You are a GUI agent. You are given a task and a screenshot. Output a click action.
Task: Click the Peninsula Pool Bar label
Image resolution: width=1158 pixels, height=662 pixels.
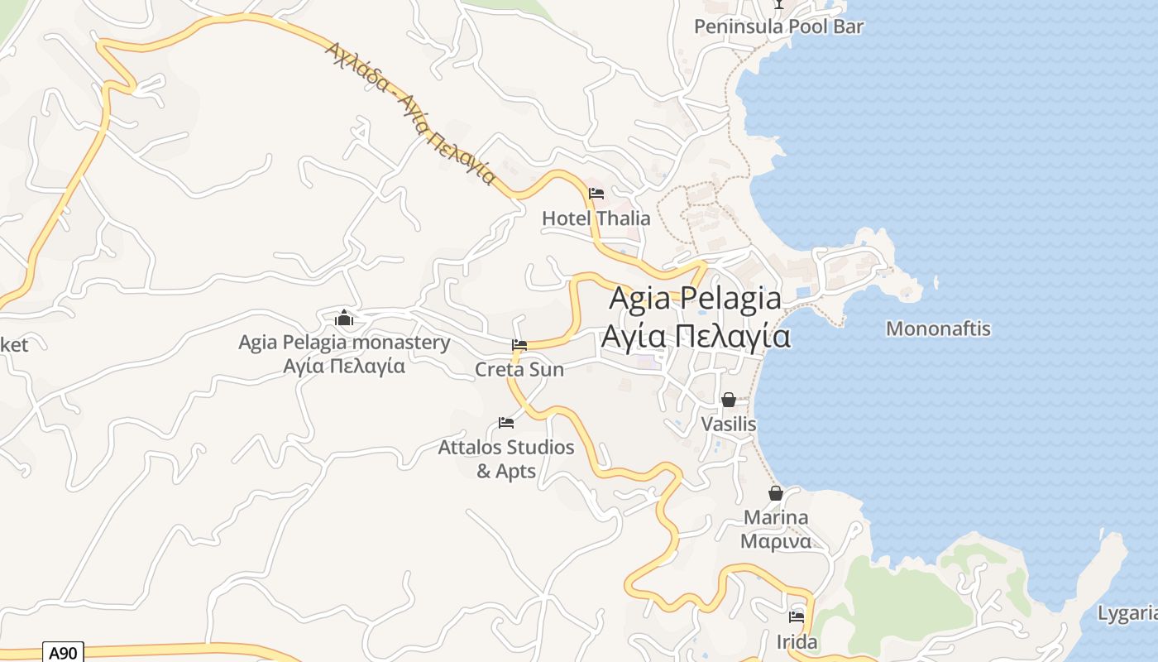778,26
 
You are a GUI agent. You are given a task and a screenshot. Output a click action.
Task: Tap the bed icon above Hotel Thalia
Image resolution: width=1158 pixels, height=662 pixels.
596,194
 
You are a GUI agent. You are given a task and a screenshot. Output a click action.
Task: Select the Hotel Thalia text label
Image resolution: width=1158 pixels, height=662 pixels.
596,218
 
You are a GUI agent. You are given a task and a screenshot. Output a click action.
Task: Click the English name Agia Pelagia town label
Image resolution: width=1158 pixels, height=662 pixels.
695,299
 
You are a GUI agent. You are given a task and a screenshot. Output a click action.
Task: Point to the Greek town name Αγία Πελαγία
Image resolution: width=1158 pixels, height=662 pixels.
695,336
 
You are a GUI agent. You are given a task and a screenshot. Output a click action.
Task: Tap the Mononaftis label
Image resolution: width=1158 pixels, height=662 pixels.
938,329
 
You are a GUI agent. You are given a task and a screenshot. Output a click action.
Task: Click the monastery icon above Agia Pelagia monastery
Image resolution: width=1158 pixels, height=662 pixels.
344,318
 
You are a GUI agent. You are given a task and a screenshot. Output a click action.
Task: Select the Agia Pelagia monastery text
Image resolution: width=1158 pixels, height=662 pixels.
344,342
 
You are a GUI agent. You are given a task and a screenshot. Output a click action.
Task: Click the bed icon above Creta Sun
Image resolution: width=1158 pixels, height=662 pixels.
519,345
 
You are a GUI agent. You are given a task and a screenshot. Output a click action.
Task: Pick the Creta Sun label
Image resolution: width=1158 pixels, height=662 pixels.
519,369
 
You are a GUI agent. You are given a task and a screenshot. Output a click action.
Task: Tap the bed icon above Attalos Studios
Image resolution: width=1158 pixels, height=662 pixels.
506,423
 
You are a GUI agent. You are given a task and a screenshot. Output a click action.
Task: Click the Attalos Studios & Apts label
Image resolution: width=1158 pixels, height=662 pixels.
506,458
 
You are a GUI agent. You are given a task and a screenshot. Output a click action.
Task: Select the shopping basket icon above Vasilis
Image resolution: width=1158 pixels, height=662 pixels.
729,401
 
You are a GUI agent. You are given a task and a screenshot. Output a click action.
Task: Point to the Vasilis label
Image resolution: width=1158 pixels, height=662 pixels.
729,424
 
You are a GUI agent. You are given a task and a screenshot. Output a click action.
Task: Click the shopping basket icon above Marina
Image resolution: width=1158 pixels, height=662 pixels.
776,494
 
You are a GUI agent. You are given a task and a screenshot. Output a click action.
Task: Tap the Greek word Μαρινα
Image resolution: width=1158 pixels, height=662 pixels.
776,541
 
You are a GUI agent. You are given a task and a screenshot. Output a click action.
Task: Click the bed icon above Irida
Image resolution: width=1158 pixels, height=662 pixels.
797,616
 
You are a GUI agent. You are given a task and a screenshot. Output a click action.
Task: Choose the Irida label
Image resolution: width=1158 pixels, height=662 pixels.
797,641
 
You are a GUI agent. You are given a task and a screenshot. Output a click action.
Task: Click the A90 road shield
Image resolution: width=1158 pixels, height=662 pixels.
63,653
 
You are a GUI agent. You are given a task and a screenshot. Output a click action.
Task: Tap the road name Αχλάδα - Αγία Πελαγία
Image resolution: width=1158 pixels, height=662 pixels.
409,113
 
